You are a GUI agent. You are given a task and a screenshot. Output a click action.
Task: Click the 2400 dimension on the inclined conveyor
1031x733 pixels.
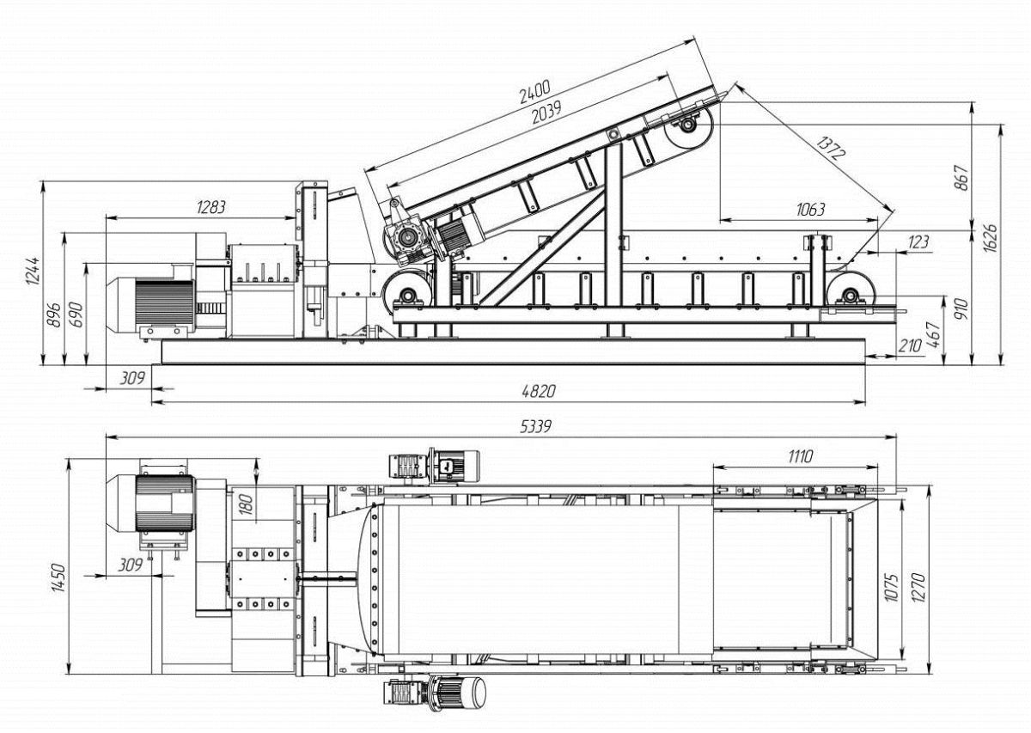[534, 92]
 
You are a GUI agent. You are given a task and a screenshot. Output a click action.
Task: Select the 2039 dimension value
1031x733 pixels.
[546, 113]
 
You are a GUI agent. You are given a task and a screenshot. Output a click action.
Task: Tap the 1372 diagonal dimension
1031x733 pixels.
[831, 148]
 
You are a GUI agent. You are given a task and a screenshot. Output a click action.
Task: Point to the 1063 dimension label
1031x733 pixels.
[810, 210]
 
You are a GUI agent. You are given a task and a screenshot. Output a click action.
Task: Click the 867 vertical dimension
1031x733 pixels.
[961, 177]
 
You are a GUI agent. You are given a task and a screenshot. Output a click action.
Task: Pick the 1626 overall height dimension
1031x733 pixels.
[990, 238]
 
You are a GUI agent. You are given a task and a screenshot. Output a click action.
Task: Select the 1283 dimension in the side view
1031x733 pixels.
[211, 208]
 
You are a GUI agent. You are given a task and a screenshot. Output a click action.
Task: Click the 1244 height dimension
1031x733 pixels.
[33, 271]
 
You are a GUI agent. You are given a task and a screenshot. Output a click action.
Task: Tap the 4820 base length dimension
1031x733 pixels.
[539, 391]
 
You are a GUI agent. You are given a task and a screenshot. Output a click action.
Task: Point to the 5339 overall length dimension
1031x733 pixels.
[535, 427]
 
